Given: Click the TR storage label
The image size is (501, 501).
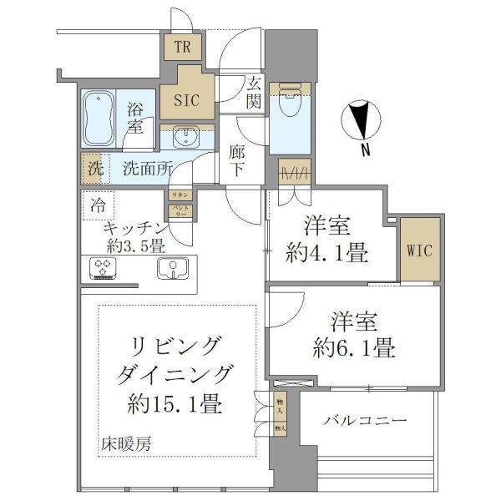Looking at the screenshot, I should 183,47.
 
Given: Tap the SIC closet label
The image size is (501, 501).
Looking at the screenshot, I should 185,100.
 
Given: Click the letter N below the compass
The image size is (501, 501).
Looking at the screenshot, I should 366,150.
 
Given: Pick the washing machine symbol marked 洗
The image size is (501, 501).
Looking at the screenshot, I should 94,167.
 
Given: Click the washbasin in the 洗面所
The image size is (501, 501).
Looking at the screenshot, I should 186,136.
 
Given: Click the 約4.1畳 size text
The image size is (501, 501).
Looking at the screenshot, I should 326,254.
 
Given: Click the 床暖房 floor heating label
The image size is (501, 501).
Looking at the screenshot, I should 123,443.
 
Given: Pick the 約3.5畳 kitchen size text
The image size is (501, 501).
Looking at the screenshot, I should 134,245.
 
